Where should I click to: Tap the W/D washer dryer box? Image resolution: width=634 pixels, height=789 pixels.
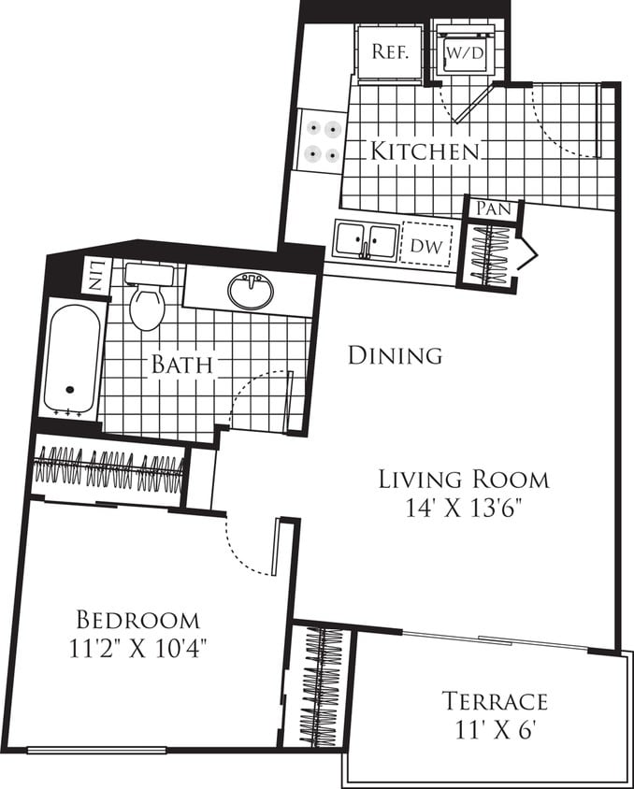tap(464, 52)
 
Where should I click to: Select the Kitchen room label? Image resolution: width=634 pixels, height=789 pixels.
tap(425, 151)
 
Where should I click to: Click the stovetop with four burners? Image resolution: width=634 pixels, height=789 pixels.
tap(321, 141)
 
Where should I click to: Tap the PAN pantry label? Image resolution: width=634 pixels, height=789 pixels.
tap(492, 208)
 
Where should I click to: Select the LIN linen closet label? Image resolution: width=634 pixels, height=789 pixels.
tap(95, 277)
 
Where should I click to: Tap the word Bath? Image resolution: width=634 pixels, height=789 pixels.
tap(182, 364)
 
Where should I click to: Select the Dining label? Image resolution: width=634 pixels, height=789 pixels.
tap(394, 355)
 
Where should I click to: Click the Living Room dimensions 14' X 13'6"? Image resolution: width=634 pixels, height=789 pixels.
tap(463, 510)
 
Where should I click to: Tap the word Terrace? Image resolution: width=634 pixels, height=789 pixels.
tap(495, 701)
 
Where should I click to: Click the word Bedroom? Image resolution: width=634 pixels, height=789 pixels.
tap(137, 620)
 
